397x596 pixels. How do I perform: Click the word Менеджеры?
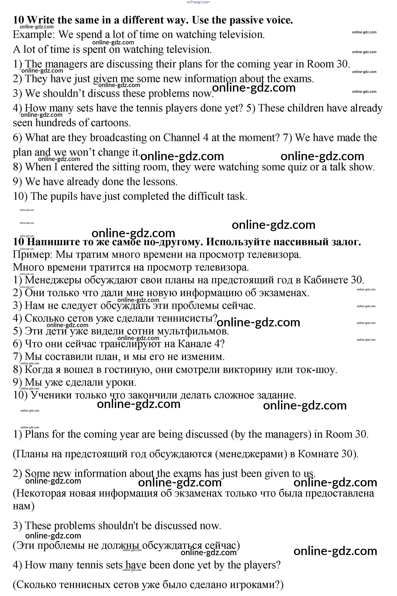pos(53,280)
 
